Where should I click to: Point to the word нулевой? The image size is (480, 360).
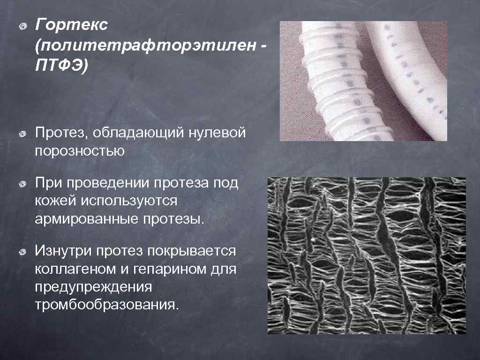217,133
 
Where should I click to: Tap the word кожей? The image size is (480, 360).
55,201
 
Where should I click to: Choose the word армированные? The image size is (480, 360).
82,219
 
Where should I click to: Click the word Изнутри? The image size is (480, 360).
63,251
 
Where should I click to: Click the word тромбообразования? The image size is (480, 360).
107,305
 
